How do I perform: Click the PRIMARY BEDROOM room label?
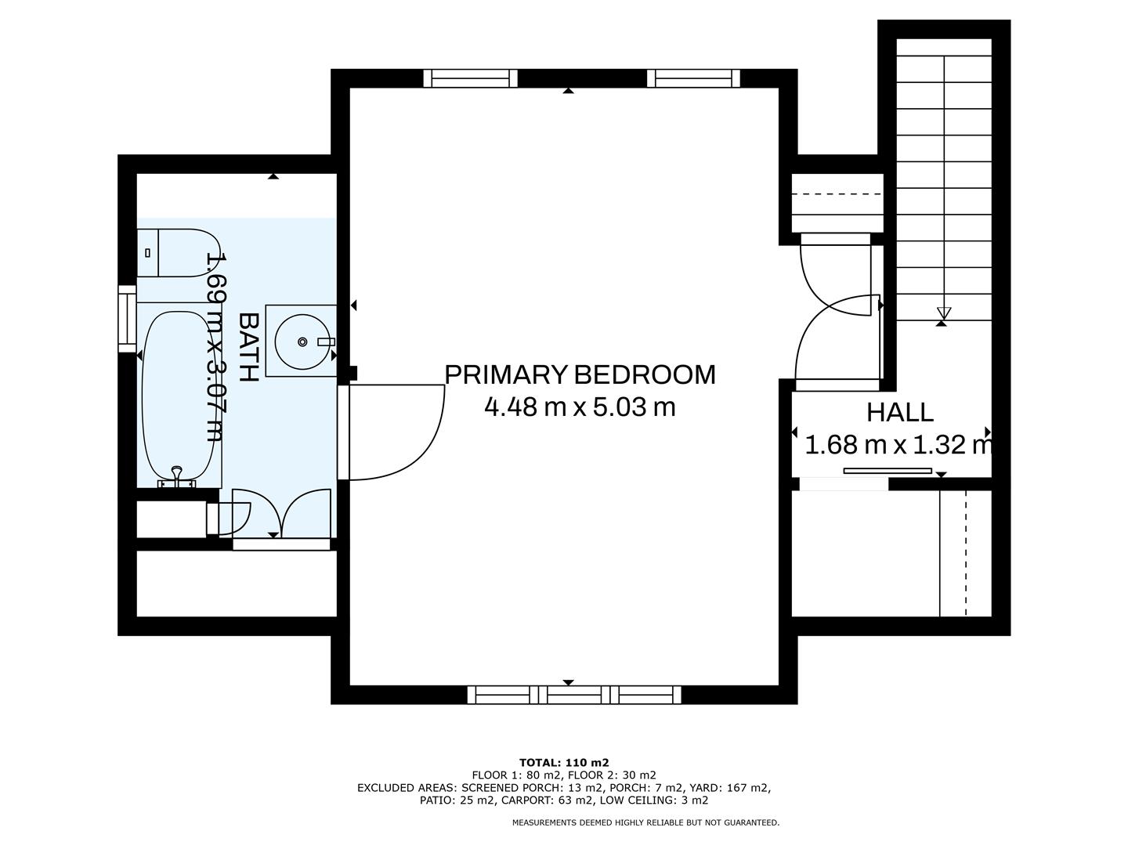click(x=580, y=374)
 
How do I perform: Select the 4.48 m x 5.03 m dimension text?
click(x=580, y=407)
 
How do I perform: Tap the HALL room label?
click(x=899, y=412)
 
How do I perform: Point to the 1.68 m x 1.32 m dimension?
click(x=898, y=446)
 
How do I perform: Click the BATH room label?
click(x=248, y=347)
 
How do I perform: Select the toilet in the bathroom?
click(x=179, y=253)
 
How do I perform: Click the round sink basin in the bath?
click(x=302, y=342)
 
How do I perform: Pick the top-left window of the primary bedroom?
click(x=470, y=78)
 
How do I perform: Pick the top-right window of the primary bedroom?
click(x=693, y=78)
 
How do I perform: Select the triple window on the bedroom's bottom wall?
click(x=574, y=694)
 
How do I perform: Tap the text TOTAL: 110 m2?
click(x=564, y=762)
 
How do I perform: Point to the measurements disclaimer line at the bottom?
click(x=645, y=822)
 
